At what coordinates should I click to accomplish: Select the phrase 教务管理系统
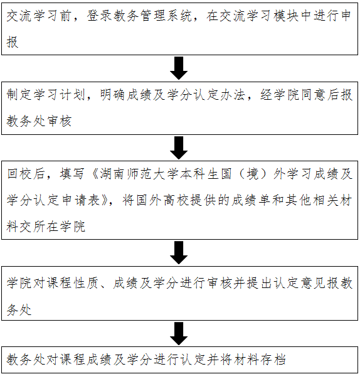click(x=152, y=16)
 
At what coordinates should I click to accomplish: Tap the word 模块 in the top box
click(x=287, y=16)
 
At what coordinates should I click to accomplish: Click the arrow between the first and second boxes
click(x=179, y=68)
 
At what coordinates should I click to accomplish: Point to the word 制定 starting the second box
click(x=19, y=95)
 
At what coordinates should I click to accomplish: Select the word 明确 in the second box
click(x=112, y=95)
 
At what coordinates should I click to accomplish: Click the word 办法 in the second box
click(x=233, y=95)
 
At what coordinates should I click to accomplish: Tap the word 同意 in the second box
click(x=313, y=95)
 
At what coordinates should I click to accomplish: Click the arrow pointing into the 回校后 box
click(x=179, y=147)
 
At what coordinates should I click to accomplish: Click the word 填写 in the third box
click(x=72, y=173)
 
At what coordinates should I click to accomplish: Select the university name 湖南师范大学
click(x=139, y=173)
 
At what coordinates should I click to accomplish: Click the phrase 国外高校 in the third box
click(x=163, y=200)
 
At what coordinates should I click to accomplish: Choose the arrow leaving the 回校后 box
click(x=179, y=252)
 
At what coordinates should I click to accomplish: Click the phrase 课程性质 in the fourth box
click(x=72, y=283)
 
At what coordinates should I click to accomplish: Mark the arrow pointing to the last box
click(x=179, y=333)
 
